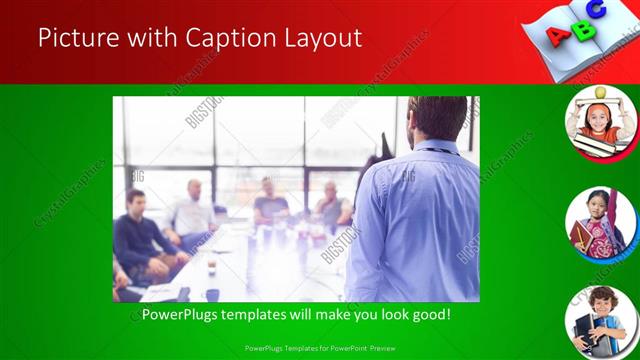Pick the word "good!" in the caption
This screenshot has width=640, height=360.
[x=428, y=314]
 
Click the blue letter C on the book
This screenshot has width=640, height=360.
[x=596, y=10]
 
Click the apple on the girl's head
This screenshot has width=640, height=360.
[x=600, y=92]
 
